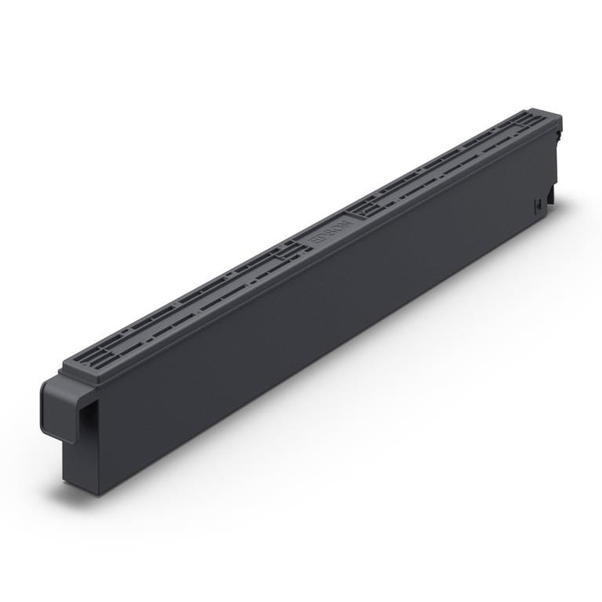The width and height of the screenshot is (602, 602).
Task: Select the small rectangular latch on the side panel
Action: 538,205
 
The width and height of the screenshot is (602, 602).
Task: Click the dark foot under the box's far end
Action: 551,198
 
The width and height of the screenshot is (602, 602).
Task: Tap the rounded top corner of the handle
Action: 47,383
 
